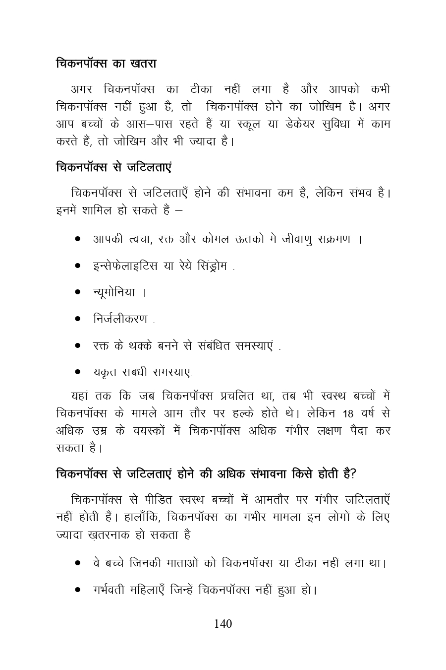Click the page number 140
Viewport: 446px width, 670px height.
[223, 624]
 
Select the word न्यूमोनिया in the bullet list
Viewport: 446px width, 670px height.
[114, 292]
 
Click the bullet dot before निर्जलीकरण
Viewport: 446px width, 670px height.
[78, 319]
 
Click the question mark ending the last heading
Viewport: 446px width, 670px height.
[352, 474]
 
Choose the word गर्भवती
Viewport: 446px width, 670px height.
[109, 591]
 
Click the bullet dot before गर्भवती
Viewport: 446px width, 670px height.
[78, 591]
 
